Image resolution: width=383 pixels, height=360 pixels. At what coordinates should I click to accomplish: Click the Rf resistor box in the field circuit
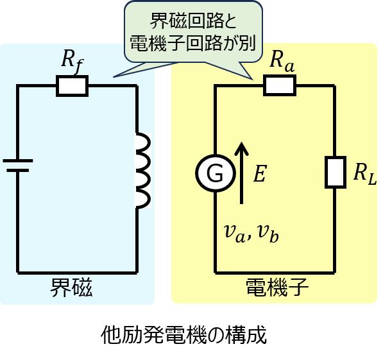tap(72, 86)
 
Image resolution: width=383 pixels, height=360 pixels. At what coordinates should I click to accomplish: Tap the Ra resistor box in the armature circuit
tap(280, 85)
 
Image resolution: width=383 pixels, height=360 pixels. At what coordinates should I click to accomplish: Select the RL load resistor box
tap(336, 173)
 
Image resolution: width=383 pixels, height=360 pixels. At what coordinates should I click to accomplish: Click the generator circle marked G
tap(216, 173)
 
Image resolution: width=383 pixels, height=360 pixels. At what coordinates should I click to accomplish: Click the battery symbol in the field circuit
tap(17, 166)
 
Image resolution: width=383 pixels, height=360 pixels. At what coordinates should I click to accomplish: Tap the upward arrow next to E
tap(242, 173)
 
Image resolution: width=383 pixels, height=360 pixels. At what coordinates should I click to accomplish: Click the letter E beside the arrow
tap(260, 173)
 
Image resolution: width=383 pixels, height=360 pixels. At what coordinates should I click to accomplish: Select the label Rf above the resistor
tap(72, 62)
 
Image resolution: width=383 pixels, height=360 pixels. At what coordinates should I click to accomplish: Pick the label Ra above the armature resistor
tap(282, 62)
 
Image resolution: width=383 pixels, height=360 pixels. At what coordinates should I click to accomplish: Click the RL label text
tap(365, 173)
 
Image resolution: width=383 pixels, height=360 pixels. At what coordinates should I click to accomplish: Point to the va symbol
tap(235, 234)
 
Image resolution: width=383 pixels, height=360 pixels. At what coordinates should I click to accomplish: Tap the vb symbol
tap(268, 234)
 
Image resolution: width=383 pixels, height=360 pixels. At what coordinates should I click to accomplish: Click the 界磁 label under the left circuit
tap(71, 287)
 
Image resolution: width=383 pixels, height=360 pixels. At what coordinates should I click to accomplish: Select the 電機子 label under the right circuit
tap(277, 287)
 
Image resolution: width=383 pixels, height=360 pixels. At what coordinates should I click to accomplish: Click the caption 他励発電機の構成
tap(183, 335)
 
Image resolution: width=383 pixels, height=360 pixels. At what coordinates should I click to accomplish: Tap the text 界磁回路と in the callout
tap(193, 21)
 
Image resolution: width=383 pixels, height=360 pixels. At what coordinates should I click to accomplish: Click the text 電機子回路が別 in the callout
tap(193, 43)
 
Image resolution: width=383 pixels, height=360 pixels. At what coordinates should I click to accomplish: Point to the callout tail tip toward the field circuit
tap(114, 77)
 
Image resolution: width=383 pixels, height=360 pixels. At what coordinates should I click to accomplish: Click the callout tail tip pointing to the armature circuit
tap(253, 80)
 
